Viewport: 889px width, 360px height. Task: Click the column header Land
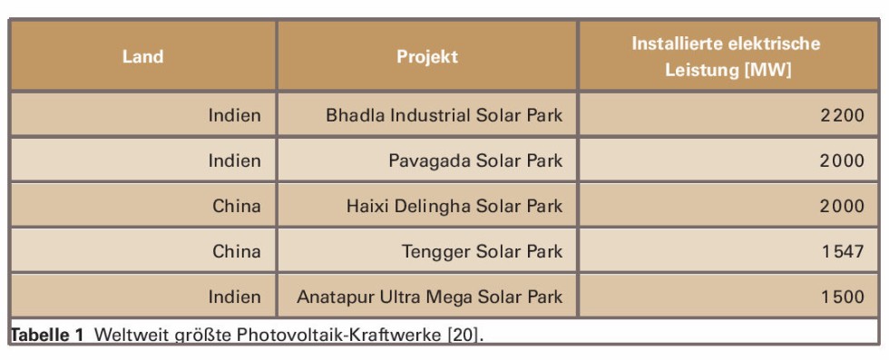pos(143,57)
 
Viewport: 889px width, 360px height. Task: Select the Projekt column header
pos(427,57)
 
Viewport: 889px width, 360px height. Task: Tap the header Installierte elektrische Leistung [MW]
pos(728,57)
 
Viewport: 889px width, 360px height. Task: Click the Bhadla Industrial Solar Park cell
pos(444,115)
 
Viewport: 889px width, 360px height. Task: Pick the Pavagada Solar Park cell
pos(475,161)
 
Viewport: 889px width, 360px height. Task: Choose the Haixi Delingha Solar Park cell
pos(454,206)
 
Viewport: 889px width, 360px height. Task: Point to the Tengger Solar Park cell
pos(483,251)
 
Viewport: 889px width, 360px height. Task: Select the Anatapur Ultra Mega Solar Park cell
pos(430,297)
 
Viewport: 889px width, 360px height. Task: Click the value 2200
pos(843,115)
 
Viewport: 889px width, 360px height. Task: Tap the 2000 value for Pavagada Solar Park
pos(843,161)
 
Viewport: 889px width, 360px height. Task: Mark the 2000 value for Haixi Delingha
pos(843,206)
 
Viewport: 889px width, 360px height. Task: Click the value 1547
pos(844,251)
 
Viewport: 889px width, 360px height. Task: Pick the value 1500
pos(844,297)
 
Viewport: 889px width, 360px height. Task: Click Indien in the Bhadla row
pos(235,115)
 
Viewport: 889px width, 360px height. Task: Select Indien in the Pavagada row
pos(235,161)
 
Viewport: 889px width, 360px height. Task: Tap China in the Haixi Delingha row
pos(237,206)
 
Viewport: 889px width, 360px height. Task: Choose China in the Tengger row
pos(237,251)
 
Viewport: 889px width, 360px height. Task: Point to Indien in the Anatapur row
pos(235,297)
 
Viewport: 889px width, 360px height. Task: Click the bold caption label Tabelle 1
pos(47,335)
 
